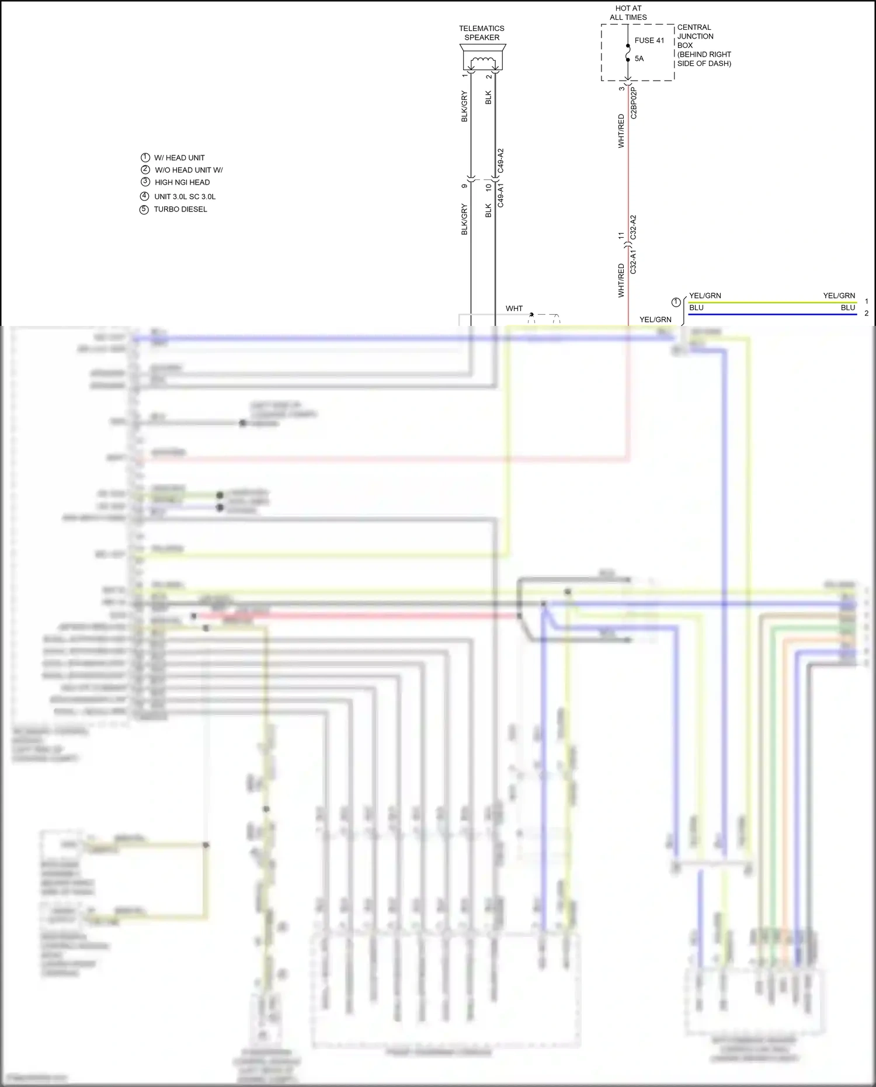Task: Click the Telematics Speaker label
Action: [x=482, y=33]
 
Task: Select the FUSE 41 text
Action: [x=649, y=40]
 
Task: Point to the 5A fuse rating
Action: [x=639, y=58]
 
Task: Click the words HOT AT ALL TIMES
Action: [x=628, y=13]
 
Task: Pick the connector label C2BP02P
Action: [x=634, y=104]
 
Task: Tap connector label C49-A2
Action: [x=500, y=161]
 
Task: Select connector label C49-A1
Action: [x=500, y=195]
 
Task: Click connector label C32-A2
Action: [x=634, y=227]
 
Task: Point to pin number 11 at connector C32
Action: [x=621, y=235]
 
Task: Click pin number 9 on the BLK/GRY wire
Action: [x=464, y=186]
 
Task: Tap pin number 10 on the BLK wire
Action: [x=488, y=187]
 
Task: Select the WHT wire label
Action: [x=514, y=308]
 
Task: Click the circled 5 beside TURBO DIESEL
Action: [x=144, y=210]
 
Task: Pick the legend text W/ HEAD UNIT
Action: [x=179, y=158]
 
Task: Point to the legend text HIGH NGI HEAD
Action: [x=182, y=182]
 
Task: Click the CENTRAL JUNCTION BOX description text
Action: [x=703, y=45]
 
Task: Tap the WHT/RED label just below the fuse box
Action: [x=621, y=131]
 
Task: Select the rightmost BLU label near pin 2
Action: [x=848, y=308]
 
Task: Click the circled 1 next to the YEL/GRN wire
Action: [x=676, y=302]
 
